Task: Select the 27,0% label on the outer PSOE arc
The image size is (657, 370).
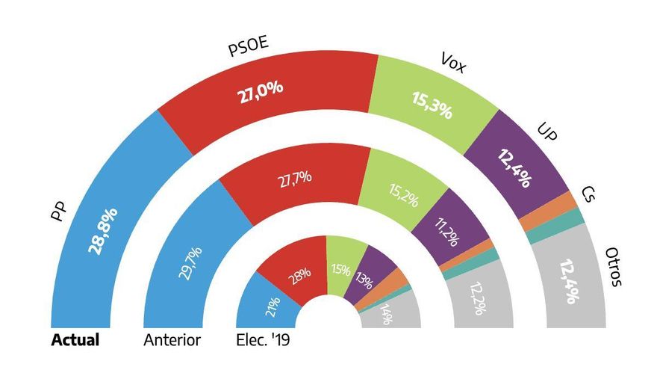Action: point(261,89)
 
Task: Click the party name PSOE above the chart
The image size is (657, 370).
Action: point(247,49)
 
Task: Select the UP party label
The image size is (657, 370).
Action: point(547,131)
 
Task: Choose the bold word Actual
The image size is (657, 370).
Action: point(75,340)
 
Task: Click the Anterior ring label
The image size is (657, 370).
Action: point(171,340)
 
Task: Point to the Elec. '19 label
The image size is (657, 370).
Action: point(262,340)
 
